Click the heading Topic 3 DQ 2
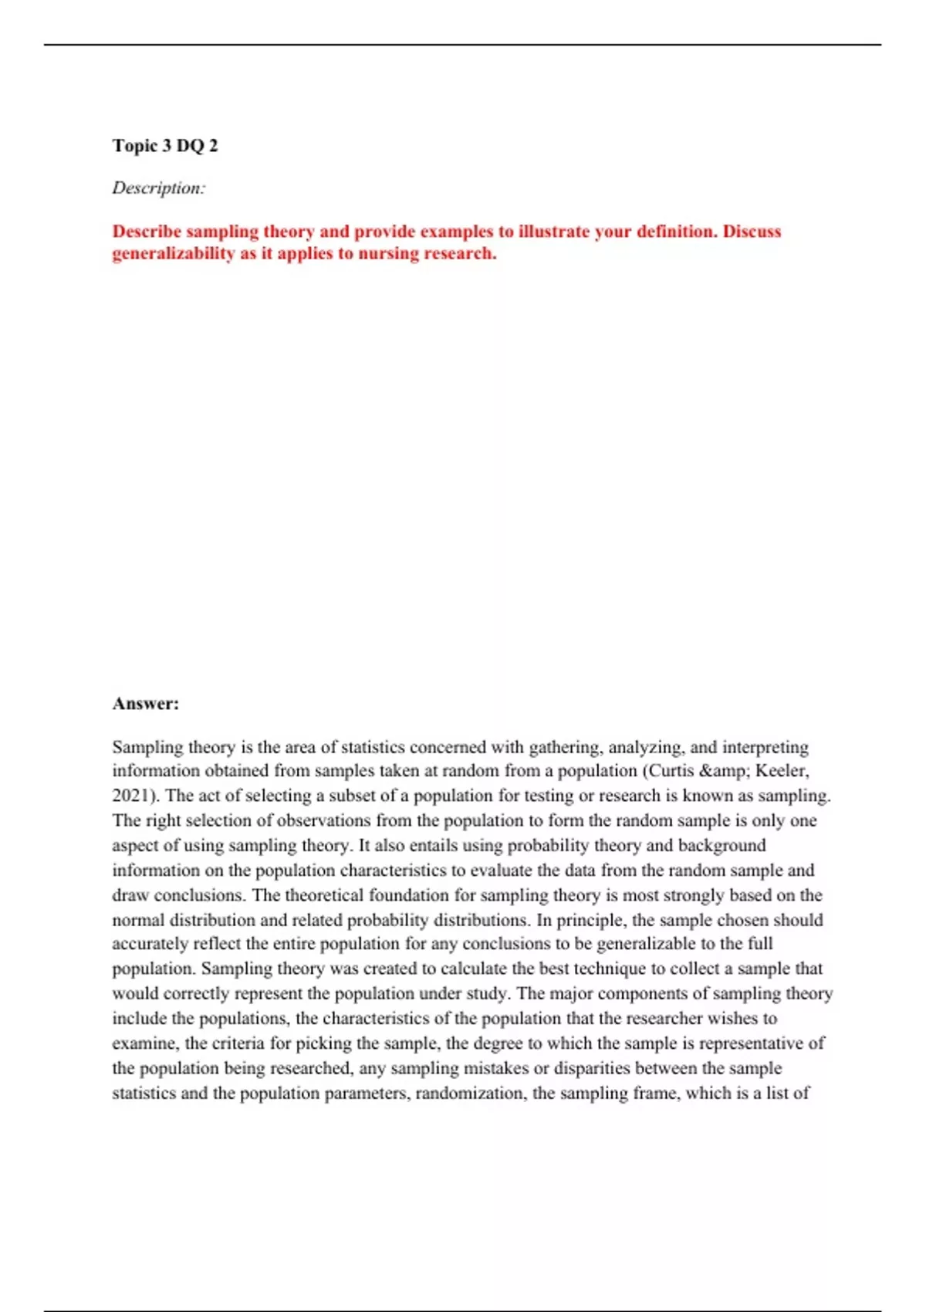click(x=165, y=146)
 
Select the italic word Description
click(x=158, y=188)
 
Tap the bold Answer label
click(x=145, y=704)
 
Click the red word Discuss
click(x=752, y=232)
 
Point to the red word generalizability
click(x=173, y=254)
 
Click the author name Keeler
click(x=782, y=771)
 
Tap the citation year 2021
click(x=130, y=796)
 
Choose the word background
click(x=722, y=845)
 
